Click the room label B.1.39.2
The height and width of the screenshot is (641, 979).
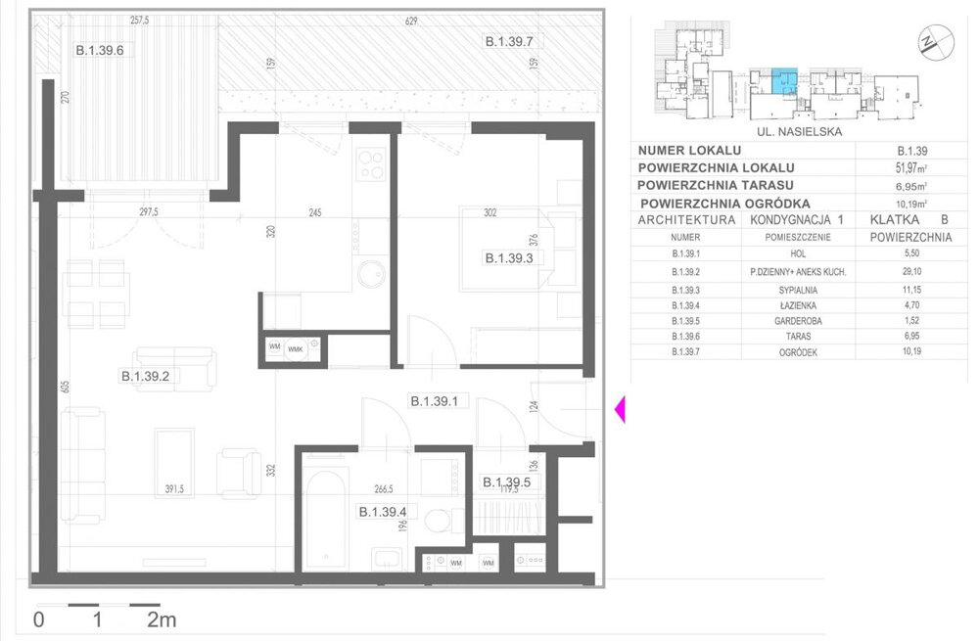pyautogui.click(x=152, y=375)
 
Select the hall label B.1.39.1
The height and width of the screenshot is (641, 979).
pyautogui.click(x=442, y=400)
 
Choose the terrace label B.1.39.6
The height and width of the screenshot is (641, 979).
pyautogui.click(x=106, y=52)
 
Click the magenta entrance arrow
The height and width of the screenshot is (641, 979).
pyautogui.click(x=619, y=410)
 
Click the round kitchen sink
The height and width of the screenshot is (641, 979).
pyautogui.click(x=372, y=274)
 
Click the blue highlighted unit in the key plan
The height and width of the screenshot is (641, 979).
pyautogui.click(x=784, y=80)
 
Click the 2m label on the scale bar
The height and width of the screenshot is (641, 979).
pyautogui.click(x=162, y=619)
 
